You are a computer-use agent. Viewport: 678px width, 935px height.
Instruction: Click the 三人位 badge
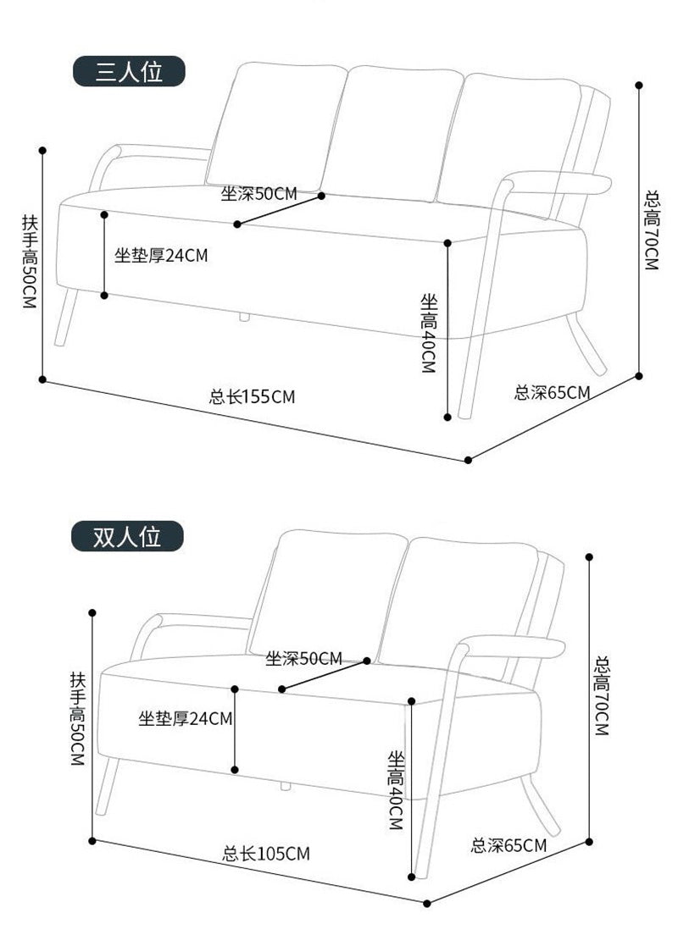pyautogui.click(x=128, y=73)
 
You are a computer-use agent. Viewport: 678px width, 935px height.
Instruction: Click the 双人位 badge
pyautogui.click(x=126, y=536)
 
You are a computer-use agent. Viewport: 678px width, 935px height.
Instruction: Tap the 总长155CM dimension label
pyautogui.click(x=252, y=396)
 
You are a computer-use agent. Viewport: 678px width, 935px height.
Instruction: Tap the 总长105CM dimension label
pyautogui.click(x=266, y=853)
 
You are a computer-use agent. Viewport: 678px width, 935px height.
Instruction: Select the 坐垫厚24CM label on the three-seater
pyautogui.click(x=161, y=255)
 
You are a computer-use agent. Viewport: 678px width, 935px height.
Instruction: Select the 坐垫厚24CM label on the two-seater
pyautogui.click(x=186, y=719)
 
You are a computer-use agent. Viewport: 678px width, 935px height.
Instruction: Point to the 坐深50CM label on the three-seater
pyautogui.click(x=259, y=194)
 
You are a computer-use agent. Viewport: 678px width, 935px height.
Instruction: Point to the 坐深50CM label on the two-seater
pyautogui.click(x=303, y=658)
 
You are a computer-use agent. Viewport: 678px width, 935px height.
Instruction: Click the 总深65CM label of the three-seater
pyautogui.click(x=553, y=392)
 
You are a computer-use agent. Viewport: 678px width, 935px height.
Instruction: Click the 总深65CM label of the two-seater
pyautogui.click(x=508, y=844)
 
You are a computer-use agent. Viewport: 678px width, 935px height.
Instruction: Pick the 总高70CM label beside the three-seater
pyautogui.click(x=651, y=230)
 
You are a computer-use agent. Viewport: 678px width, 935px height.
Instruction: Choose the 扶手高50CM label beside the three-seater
pyautogui.click(x=30, y=261)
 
